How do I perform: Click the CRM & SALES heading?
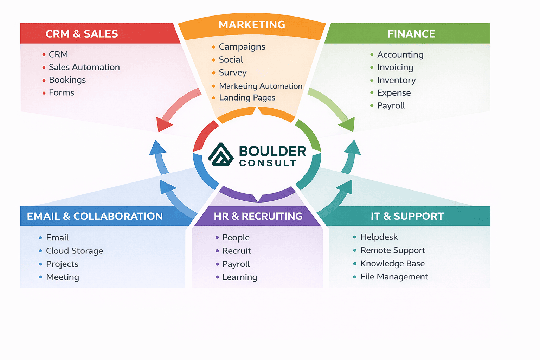[82, 34]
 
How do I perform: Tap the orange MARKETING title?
[252, 25]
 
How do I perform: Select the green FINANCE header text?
[411, 34]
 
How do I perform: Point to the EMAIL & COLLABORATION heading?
[95, 216]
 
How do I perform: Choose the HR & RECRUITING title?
[258, 216]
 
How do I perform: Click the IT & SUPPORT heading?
[407, 216]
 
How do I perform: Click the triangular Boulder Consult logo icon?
[220, 155]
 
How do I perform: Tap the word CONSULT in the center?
[268, 163]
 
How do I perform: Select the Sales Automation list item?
[84, 67]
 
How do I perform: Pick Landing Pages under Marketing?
[247, 98]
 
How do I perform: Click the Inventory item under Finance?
[396, 80]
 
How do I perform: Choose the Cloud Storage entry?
[75, 251]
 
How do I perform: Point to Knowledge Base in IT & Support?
[392, 264]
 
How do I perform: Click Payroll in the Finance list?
[391, 105]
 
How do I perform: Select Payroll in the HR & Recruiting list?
[236, 264]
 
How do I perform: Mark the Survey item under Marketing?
[233, 72]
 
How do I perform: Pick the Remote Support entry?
[393, 250]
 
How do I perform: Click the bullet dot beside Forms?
[44, 93]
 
